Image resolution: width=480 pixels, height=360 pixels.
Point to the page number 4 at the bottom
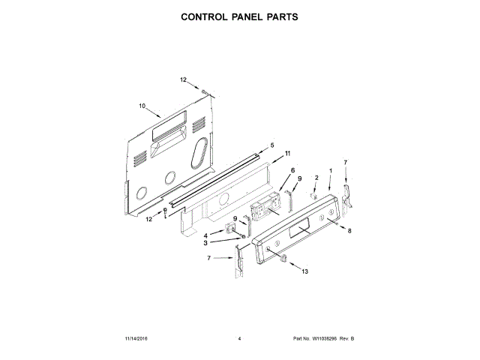pos(238,339)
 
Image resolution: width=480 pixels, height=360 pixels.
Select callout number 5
pos(272,144)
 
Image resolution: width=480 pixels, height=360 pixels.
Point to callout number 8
pos(349,231)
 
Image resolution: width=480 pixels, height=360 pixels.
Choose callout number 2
pos(316,177)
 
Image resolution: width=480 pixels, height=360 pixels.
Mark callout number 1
pos(331,172)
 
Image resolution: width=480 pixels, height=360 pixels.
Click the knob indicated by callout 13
pos(283,258)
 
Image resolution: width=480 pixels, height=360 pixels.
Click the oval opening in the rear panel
pos(199,154)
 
